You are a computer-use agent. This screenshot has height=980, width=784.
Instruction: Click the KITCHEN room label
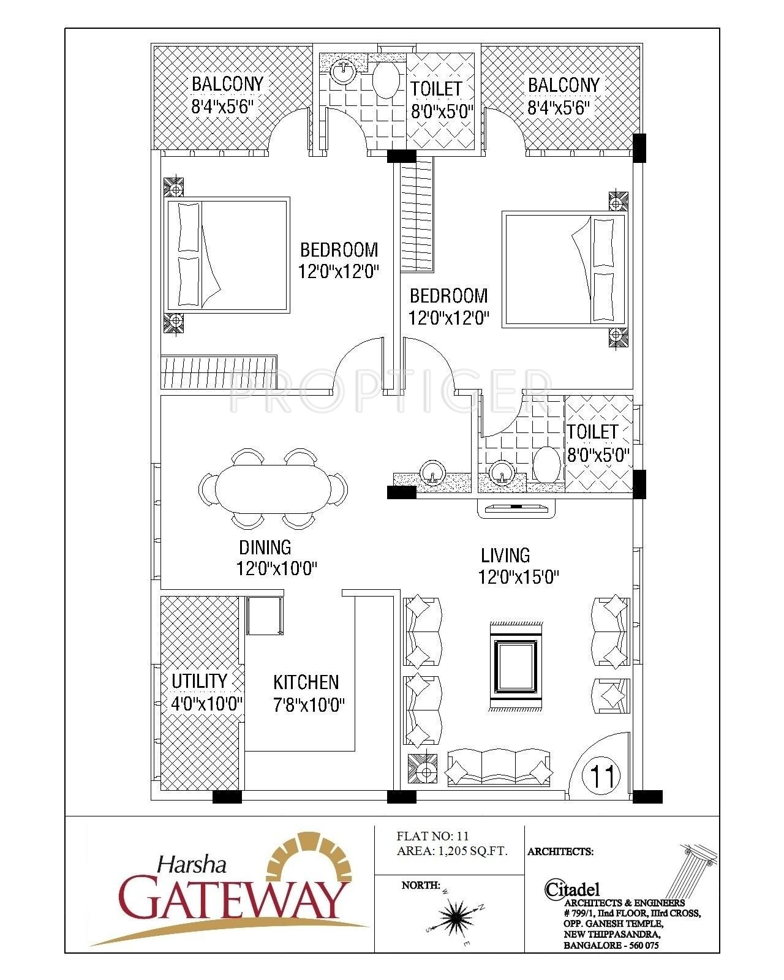pyautogui.click(x=306, y=682)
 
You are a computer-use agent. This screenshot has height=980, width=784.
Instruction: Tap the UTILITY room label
pyautogui.click(x=199, y=681)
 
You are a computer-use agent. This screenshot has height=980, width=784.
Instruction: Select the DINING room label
pyautogui.click(x=265, y=546)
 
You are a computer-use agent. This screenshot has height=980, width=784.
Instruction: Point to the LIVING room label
pyautogui.click(x=505, y=556)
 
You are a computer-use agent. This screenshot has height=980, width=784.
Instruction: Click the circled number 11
pyautogui.click(x=603, y=776)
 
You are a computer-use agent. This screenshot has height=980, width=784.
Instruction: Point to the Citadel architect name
pyautogui.click(x=572, y=889)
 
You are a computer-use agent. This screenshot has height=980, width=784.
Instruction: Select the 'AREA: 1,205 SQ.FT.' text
pyautogui.click(x=452, y=851)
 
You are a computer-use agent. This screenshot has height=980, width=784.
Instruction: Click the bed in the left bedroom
pyautogui.click(x=227, y=255)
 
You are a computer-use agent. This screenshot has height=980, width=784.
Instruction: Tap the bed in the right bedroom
pyautogui.click(x=564, y=268)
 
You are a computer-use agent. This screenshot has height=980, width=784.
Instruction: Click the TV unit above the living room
pyautogui.click(x=517, y=508)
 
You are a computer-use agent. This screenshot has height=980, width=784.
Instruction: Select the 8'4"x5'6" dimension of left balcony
pyautogui.click(x=222, y=107)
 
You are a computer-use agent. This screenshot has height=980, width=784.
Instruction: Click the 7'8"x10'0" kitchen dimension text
pyautogui.click(x=309, y=705)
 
